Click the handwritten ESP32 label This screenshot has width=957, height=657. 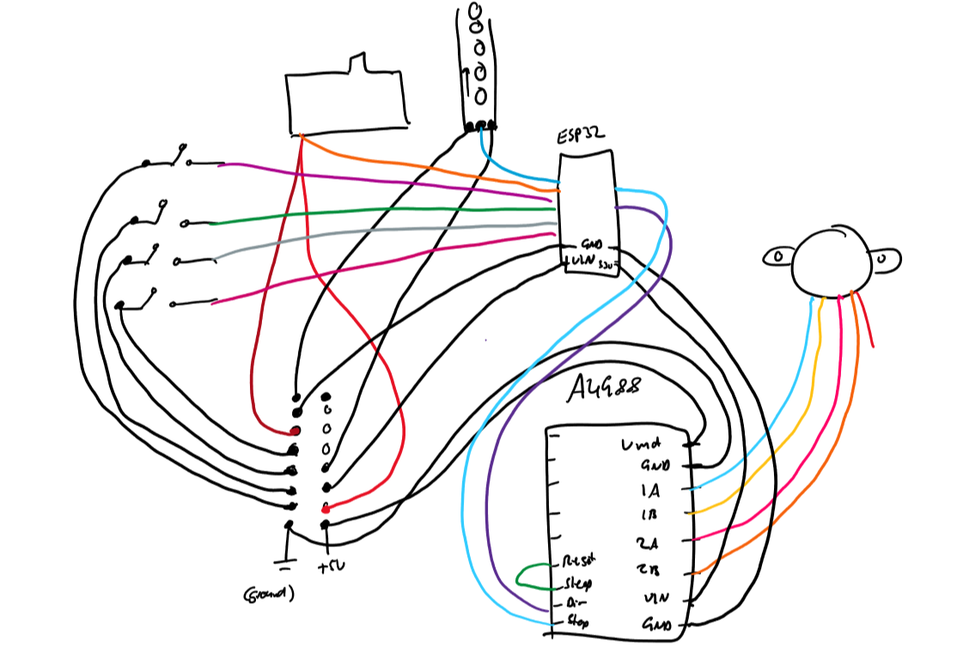(x=581, y=135)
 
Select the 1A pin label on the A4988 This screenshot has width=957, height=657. (x=651, y=491)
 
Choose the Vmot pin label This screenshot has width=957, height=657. (x=640, y=446)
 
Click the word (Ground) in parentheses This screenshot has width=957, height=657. (x=269, y=593)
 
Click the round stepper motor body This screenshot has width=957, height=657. (x=830, y=262)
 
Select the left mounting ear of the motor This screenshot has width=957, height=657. (x=778, y=255)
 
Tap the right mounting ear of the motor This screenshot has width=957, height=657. (x=884, y=257)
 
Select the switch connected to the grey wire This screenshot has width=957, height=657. (x=152, y=255)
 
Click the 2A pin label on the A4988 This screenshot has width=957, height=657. (x=649, y=543)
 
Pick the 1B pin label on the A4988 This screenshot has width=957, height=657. (x=650, y=515)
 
